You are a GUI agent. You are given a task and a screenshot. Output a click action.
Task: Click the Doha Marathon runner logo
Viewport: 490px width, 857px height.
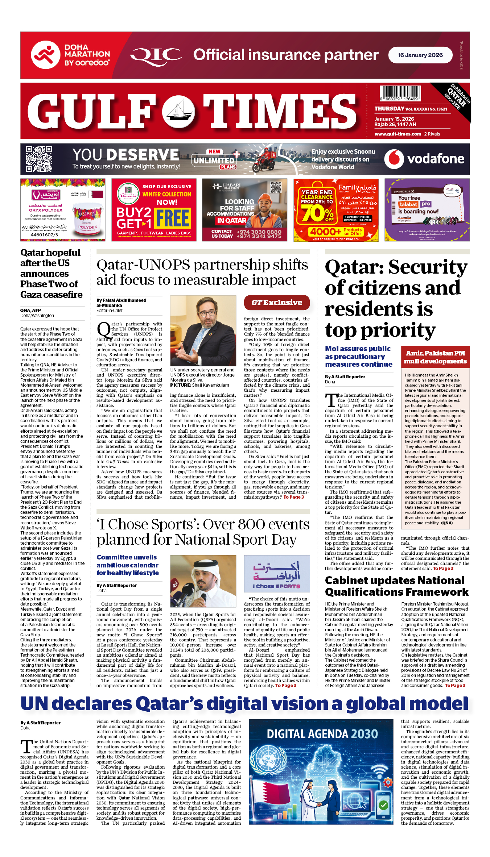point(45,55)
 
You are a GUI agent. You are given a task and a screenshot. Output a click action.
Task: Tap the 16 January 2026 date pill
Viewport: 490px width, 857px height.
point(420,55)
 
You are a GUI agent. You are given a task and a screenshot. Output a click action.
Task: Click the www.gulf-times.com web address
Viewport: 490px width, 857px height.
point(398,134)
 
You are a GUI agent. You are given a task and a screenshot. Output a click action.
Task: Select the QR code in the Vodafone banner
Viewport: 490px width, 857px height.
point(39,159)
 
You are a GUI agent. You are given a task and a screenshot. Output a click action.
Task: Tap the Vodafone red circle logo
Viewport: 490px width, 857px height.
point(394,159)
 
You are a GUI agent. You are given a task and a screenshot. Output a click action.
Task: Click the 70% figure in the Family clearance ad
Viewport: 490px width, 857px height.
point(316,213)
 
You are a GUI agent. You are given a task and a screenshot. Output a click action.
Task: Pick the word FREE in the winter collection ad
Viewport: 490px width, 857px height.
point(173,218)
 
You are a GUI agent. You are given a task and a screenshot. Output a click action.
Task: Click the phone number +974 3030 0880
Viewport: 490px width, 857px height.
point(259,232)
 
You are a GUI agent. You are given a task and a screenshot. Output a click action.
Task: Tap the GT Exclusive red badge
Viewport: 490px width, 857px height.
point(277,303)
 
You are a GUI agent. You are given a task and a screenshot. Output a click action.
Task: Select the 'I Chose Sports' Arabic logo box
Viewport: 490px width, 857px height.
point(277,574)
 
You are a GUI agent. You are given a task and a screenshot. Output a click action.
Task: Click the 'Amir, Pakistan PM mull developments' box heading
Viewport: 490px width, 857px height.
point(435,357)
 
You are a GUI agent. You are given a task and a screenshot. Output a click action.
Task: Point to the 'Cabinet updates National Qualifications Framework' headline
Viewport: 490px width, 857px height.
point(396,586)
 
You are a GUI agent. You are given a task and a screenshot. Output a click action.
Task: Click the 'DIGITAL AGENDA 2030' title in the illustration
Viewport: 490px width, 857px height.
point(322,734)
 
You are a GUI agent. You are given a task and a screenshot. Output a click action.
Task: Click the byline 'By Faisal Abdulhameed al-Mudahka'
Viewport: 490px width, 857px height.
point(122,303)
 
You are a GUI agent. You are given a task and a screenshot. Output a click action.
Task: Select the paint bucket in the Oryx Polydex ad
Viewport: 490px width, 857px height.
point(87,221)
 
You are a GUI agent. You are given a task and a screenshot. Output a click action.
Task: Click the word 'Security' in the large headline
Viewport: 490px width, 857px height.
point(428,267)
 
